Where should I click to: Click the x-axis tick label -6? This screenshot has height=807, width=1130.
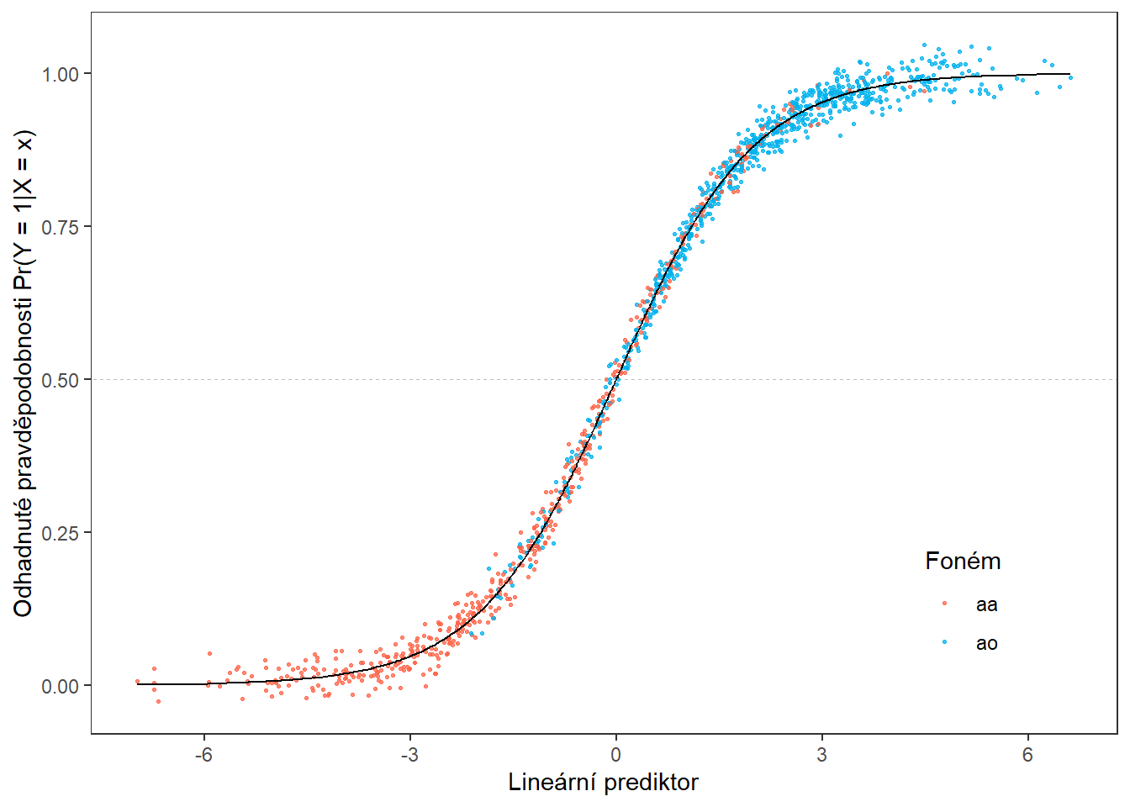tap(203, 755)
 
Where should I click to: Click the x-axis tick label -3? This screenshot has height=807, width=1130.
tap(409, 755)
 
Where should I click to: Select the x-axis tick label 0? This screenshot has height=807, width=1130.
tap(615, 755)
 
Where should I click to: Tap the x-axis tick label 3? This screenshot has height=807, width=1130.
tap(821, 755)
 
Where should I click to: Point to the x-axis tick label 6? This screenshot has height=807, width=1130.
tap(1027, 755)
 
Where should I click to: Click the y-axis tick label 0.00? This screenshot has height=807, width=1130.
tap(61, 686)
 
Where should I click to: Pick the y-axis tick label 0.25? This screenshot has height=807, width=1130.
tap(61, 533)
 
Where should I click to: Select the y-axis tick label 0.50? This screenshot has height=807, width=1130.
tap(61, 380)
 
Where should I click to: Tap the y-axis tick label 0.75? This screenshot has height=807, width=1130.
tap(61, 227)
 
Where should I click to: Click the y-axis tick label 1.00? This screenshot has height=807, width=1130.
tap(61, 74)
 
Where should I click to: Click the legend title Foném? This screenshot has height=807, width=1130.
tap(963, 562)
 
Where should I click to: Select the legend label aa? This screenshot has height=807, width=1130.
tap(986, 604)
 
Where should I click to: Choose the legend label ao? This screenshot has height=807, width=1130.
tap(986, 643)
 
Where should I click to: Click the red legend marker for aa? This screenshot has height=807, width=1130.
tap(945, 604)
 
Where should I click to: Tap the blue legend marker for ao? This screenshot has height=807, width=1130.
tap(945, 642)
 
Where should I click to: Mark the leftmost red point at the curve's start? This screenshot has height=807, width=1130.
tap(137, 682)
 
